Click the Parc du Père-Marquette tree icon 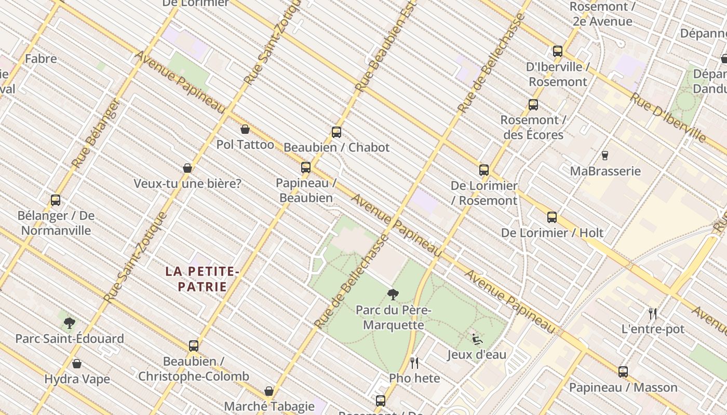point(393,295)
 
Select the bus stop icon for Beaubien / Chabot point(336,132)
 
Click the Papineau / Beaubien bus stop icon point(306,168)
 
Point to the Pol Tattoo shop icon point(245,129)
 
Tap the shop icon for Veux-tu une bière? point(187,168)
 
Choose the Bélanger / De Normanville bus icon point(56,200)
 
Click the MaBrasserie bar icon point(604,155)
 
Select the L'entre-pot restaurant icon point(653,313)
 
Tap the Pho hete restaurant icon point(414,363)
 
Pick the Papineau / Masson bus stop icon point(623,372)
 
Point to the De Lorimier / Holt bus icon point(552,217)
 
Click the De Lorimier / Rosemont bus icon point(484,170)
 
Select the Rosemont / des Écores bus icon point(533,105)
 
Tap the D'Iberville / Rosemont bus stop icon point(558,51)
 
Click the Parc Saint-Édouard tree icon point(69,323)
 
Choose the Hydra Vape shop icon point(77,364)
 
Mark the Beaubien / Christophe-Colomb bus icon point(194,346)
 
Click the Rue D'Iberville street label point(668,117)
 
